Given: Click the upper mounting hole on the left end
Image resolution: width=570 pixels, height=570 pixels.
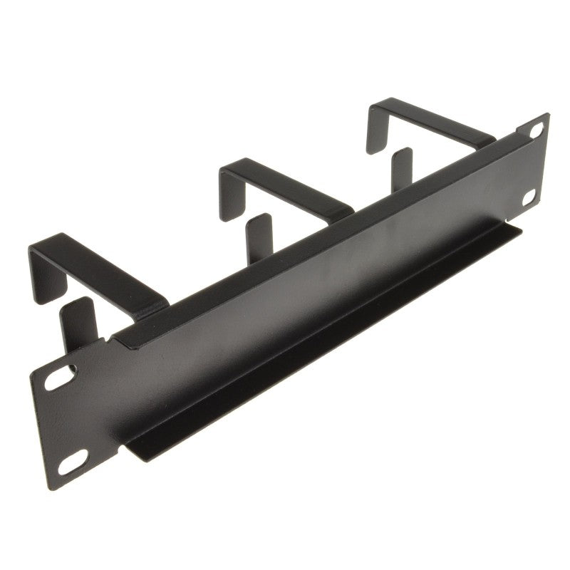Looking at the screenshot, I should pos(60,378).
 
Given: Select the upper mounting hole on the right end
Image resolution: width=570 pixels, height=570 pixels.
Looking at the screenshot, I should pos(536,130).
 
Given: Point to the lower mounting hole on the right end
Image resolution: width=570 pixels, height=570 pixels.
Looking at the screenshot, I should pos(530,197).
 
